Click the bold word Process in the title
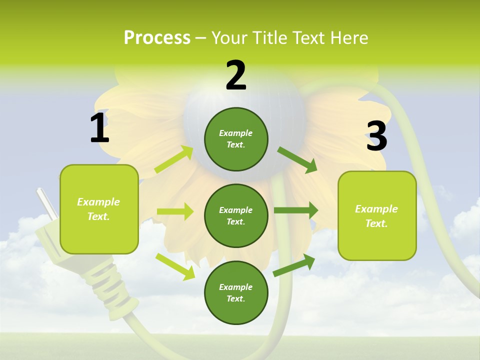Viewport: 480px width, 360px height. [x=157, y=38]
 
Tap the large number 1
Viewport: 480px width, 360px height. [x=99, y=128]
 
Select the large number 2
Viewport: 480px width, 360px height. [x=236, y=75]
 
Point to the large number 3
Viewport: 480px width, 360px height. [x=376, y=136]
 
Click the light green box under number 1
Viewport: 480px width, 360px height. [x=99, y=209]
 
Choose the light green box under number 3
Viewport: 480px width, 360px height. [x=377, y=215]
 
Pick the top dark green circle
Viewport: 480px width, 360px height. [x=236, y=139]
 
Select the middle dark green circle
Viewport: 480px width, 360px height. [x=236, y=215]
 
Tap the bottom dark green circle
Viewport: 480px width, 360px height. [x=236, y=292]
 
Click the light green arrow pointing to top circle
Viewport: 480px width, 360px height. [x=174, y=159]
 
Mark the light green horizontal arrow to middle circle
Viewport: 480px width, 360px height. [x=175, y=211]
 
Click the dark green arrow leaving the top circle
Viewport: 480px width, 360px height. [x=297, y=160]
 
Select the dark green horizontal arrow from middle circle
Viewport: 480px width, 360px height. [x=296, y=210]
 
